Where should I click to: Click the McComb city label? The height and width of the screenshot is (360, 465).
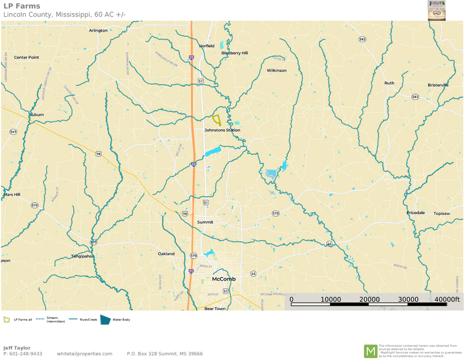pos(224,279)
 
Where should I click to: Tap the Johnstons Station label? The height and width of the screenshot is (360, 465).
pos(222,130)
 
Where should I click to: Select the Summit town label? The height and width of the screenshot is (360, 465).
pos(205,222)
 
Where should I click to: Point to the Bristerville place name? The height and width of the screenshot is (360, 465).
pos(438,85)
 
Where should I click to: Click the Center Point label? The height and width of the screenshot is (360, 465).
pos(26,58)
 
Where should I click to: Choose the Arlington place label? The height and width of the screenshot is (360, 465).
pos(98,31)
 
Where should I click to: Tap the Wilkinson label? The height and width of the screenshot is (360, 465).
pos(276,70)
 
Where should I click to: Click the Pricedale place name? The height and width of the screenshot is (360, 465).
pos(416,213)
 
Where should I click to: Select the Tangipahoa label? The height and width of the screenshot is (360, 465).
pos(82,256)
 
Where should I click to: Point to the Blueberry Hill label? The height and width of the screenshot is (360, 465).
pos(234,53)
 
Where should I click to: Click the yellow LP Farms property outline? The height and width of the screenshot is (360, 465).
pos(217,120)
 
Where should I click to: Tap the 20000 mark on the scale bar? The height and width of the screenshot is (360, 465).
pos(369,300)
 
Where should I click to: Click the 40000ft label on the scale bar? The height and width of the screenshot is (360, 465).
pos(447,300)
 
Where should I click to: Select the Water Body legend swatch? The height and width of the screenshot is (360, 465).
pos(105,319)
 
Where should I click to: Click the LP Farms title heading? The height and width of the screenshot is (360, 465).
pos(22,6)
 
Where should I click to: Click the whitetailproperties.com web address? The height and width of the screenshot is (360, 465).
pos(85,354)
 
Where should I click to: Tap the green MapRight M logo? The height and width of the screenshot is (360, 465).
pos(371,351)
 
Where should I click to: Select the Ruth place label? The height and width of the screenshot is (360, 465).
pos(389,83)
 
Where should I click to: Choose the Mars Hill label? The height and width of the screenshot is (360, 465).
pos(12,195)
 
